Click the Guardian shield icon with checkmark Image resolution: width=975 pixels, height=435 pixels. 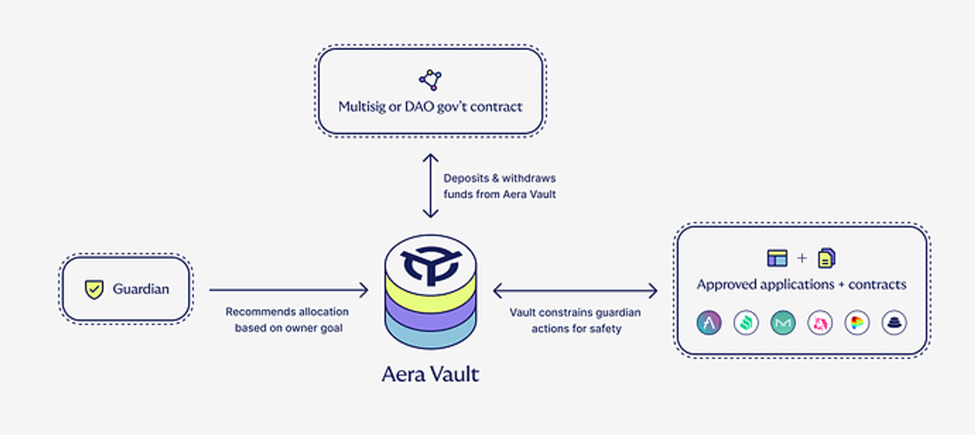[94, 289]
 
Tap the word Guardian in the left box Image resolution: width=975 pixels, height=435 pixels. [141, 289]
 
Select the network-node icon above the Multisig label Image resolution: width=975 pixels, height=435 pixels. [430, 80]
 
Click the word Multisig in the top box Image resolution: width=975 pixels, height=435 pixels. [361, 107]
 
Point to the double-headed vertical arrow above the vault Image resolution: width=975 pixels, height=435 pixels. [430, 186]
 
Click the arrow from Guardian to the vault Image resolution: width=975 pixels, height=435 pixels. [289, 290]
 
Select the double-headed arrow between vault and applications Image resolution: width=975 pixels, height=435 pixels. [575, 291]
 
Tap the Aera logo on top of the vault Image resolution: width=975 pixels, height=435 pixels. [430, 265]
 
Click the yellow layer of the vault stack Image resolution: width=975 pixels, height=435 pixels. [430, 295]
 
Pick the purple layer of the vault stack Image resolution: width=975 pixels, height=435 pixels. [430, 316]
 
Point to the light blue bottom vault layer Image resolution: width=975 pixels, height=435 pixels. [430, 336]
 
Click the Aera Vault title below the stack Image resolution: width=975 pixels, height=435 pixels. [430, 374]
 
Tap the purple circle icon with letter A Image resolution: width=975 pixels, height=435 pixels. [709, 322]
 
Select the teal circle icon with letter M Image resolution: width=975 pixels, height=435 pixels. [783, 322]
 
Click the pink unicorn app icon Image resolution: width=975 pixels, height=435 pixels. [820, 322]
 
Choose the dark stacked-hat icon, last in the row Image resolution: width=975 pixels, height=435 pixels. [894, 322]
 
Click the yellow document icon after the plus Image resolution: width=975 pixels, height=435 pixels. [827, 258]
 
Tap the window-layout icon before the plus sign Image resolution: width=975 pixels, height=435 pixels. [777, 258]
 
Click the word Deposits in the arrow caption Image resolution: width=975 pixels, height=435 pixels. [466, 178]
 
